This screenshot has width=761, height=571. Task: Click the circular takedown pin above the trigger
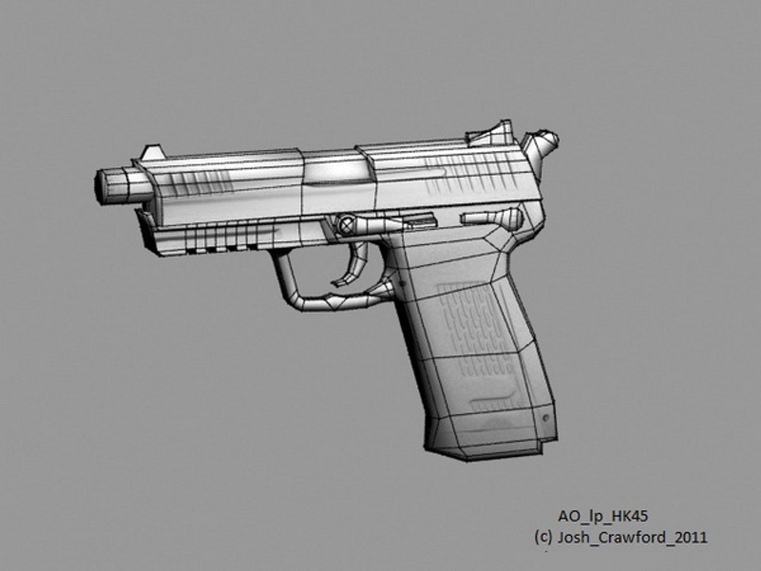[347, 225]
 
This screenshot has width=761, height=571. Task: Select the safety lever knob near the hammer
[511, 217]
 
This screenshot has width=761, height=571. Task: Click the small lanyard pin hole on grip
[546, 418]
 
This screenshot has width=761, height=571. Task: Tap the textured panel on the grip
[476, 328]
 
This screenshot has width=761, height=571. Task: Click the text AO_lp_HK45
[602, 516]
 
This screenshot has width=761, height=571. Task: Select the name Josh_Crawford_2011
[632, 538]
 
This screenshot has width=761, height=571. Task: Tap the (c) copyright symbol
[543, 538]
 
